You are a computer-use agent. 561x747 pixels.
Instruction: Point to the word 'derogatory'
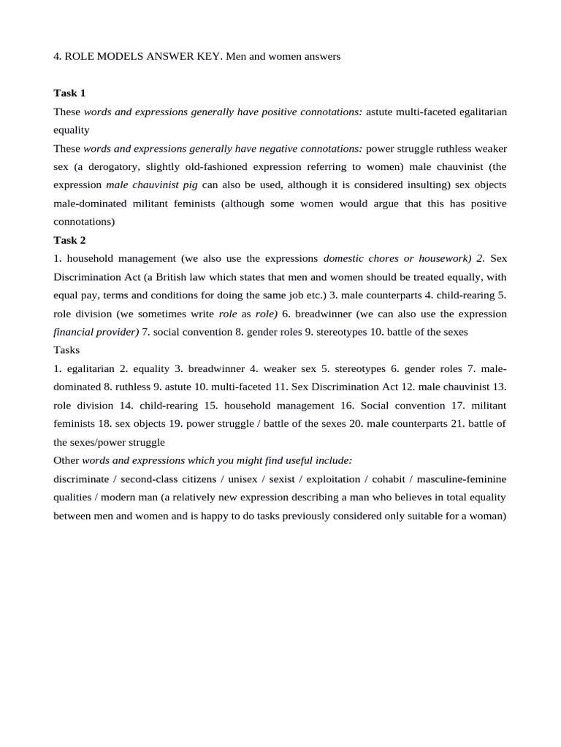click(x=105, y=167)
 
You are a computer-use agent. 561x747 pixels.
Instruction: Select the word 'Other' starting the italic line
click(x=66, y=460)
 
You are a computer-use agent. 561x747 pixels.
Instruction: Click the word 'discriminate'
click(x=83, y=479)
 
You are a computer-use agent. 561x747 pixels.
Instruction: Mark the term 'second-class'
click(x=150, y=479)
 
